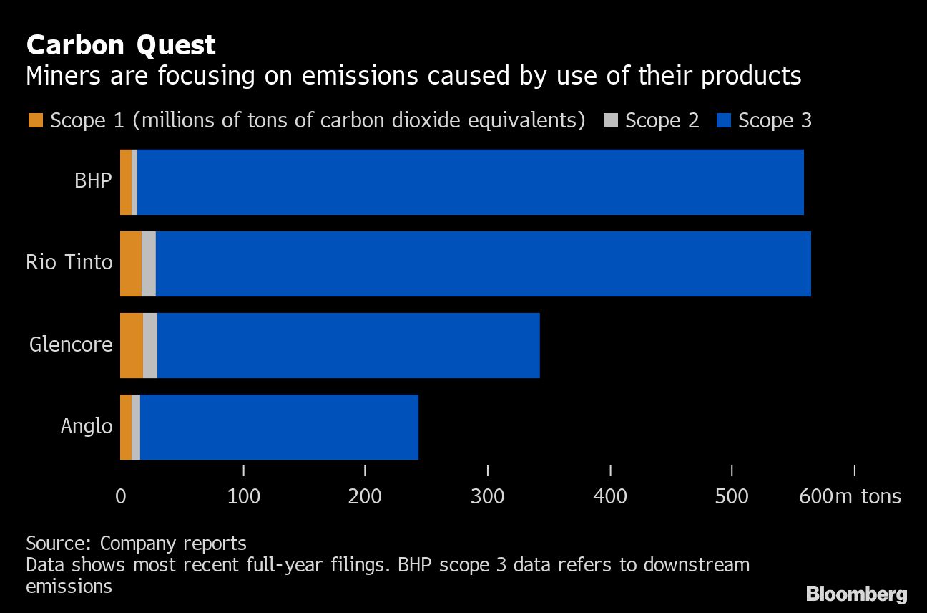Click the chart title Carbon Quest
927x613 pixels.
click(120, 45)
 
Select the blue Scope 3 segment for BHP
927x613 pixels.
click(470, 182)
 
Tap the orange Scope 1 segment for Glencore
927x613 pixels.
click(132, 345)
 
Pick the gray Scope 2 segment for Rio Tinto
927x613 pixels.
click(148, 264)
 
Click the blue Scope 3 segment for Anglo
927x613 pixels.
click(279, 427)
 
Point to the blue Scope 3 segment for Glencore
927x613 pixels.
click(348, 345)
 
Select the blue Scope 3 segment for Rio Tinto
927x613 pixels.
click(483, 264)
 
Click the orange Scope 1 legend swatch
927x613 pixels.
click(35, 120)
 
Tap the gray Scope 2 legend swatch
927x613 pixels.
click(610, 120)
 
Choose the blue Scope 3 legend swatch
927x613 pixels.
click(723, 120)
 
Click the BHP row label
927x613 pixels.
click(93, 180)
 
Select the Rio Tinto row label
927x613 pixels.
click(69, 262)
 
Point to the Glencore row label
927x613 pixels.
click(71, 344)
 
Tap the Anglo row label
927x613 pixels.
click(87, 426)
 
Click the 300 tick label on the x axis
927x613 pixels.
click(488, 496)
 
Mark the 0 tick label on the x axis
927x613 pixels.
click(120, 496)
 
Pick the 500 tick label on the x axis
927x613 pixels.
click(732, 496)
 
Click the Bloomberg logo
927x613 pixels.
click(856, 594)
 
